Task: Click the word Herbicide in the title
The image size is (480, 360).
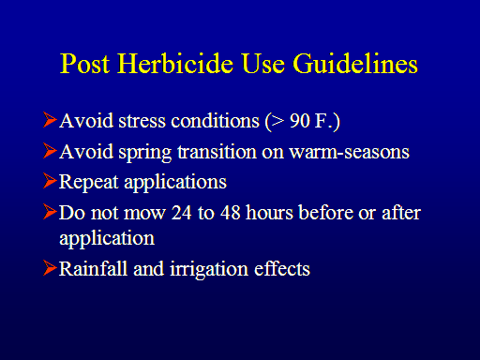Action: (175, 64)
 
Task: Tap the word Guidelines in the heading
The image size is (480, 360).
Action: (355, 64)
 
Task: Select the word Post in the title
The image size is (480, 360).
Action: (84, 64)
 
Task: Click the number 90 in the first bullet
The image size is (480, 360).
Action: (300, 120)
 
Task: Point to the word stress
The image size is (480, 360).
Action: (142, 121)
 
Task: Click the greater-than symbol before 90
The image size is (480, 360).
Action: (277, 121)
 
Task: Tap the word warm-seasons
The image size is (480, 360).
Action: (349, 152)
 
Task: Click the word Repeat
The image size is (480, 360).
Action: (88, 183)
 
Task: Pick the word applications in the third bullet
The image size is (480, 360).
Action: (175, 183)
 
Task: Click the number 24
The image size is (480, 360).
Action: (181, 213)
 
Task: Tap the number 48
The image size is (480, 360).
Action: (231, 213)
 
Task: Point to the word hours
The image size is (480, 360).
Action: (269, 213)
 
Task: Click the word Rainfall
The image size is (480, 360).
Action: (93, 268)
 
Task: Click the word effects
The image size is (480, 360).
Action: (282, 268)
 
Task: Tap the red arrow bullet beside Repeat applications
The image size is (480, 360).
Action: (50, 181)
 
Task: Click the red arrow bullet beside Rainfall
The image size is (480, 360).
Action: (50, 268)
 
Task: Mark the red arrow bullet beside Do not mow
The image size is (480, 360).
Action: (50, 212)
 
